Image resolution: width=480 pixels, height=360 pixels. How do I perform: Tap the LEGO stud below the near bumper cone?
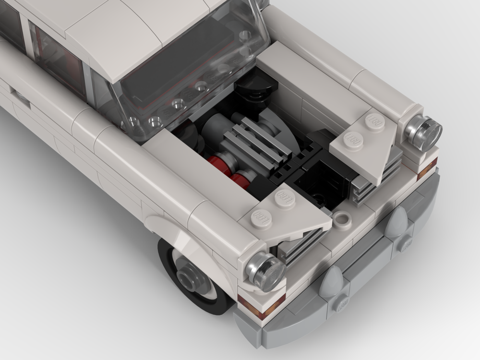coord(342,303)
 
